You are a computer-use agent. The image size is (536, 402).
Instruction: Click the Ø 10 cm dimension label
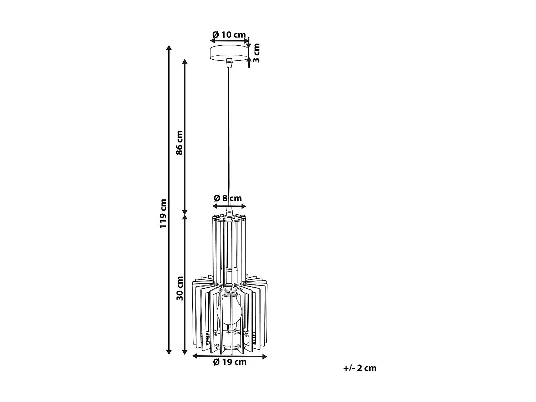coord(229,35)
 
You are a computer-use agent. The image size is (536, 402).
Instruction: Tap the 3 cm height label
coord(256,53)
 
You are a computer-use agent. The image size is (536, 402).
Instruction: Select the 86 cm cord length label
coord(179,142)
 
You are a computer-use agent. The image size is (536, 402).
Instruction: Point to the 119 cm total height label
coord(163,214)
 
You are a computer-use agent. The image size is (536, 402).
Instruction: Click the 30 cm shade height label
coord(180,288)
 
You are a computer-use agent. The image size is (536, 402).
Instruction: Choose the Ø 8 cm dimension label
coord(228,198)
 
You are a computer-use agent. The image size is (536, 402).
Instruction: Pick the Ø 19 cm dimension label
coord(230,362)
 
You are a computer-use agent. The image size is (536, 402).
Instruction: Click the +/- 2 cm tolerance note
coord(360,368)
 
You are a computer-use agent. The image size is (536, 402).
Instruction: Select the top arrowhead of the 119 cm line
coord(169,48)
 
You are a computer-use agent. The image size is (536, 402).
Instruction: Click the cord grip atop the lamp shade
coord(229,212)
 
